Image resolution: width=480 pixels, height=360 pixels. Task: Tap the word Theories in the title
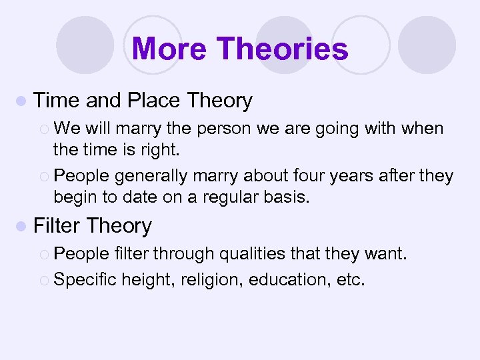pyautogui.click(x=282, y=49)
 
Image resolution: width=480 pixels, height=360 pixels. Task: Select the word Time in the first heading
pyautogui.click(x=57, y=101)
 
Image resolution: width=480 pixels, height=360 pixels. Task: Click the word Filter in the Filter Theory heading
pyautogui.click(x=57, y=226)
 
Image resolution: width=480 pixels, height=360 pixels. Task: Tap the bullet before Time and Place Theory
pyautogui.click(x=23, y=101)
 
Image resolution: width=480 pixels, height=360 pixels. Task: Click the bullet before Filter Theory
pyautogui.click(x=23, y=227)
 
